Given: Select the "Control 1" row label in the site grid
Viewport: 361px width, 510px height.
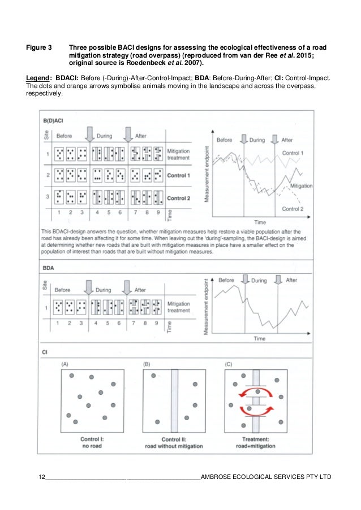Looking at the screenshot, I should tap(179, 175).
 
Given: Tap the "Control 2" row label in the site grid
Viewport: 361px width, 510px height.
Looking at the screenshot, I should tap(179, 198).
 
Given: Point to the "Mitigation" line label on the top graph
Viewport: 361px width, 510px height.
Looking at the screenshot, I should tap(301, 185).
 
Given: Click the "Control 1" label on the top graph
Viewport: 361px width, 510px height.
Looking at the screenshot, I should tap(293, 153).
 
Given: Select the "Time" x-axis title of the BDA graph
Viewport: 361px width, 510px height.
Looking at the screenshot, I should tap(260, 339).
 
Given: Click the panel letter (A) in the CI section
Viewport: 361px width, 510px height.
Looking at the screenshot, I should tap(66, 364).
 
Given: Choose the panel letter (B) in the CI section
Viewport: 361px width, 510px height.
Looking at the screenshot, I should tap(147, 364).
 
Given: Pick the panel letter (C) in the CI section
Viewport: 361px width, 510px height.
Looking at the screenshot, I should tap(229, 364).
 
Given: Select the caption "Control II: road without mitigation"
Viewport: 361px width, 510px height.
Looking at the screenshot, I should tap(174, 442).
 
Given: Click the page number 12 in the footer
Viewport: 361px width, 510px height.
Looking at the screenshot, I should tap(41, 477).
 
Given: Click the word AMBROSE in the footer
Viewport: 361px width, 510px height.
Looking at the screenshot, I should tap(217, 477).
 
